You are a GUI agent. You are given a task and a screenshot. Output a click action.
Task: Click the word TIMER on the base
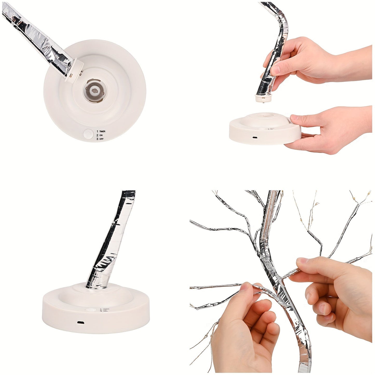(102, 132)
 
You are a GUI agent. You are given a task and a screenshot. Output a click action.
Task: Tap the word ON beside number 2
(101, 135)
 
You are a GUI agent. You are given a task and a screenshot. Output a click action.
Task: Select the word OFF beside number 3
(101, 139)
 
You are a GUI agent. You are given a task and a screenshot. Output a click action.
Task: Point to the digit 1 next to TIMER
(97, 132)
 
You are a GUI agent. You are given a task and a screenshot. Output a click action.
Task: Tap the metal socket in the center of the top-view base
(95, 91)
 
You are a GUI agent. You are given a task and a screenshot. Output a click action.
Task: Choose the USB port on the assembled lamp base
(80, 323)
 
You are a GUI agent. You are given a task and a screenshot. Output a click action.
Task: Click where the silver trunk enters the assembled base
(97, 286)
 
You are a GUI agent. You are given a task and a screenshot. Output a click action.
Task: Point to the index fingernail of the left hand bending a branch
(245, 287)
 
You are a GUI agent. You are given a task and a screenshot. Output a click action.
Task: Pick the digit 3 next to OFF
(97, 139)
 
